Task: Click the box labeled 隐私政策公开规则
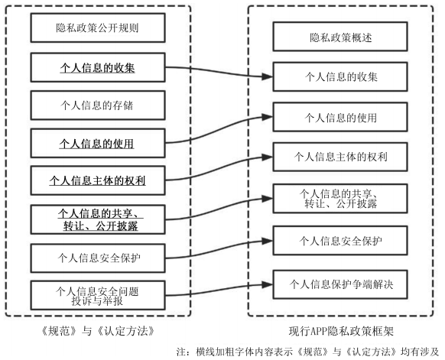coord(98,28)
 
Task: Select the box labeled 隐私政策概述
coord(340,37)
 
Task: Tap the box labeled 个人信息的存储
coord(98,105)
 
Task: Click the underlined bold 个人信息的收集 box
coord(98,67)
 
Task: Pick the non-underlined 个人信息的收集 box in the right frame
coord(340,77)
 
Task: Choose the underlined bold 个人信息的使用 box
coord(98,143)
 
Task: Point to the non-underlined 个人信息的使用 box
coord(340,117)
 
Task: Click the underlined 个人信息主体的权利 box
coord(98,180)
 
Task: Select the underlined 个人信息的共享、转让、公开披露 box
coord(98,219)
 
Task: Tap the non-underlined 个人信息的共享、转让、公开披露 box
coord(340,199)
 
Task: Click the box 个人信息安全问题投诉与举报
coord(98,295)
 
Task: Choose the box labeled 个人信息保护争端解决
coord(340,284)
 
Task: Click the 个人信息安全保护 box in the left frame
coord(98,258)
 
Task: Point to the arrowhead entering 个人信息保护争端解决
coord(268,284)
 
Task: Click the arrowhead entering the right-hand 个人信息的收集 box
coord(268,76)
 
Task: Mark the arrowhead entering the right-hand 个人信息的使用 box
coord(268,117)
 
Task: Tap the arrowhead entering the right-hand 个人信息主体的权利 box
coord(268,157)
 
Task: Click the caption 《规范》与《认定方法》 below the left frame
coord(98,331)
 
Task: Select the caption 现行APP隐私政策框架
coord(341,332)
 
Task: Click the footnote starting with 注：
coord(307,352)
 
